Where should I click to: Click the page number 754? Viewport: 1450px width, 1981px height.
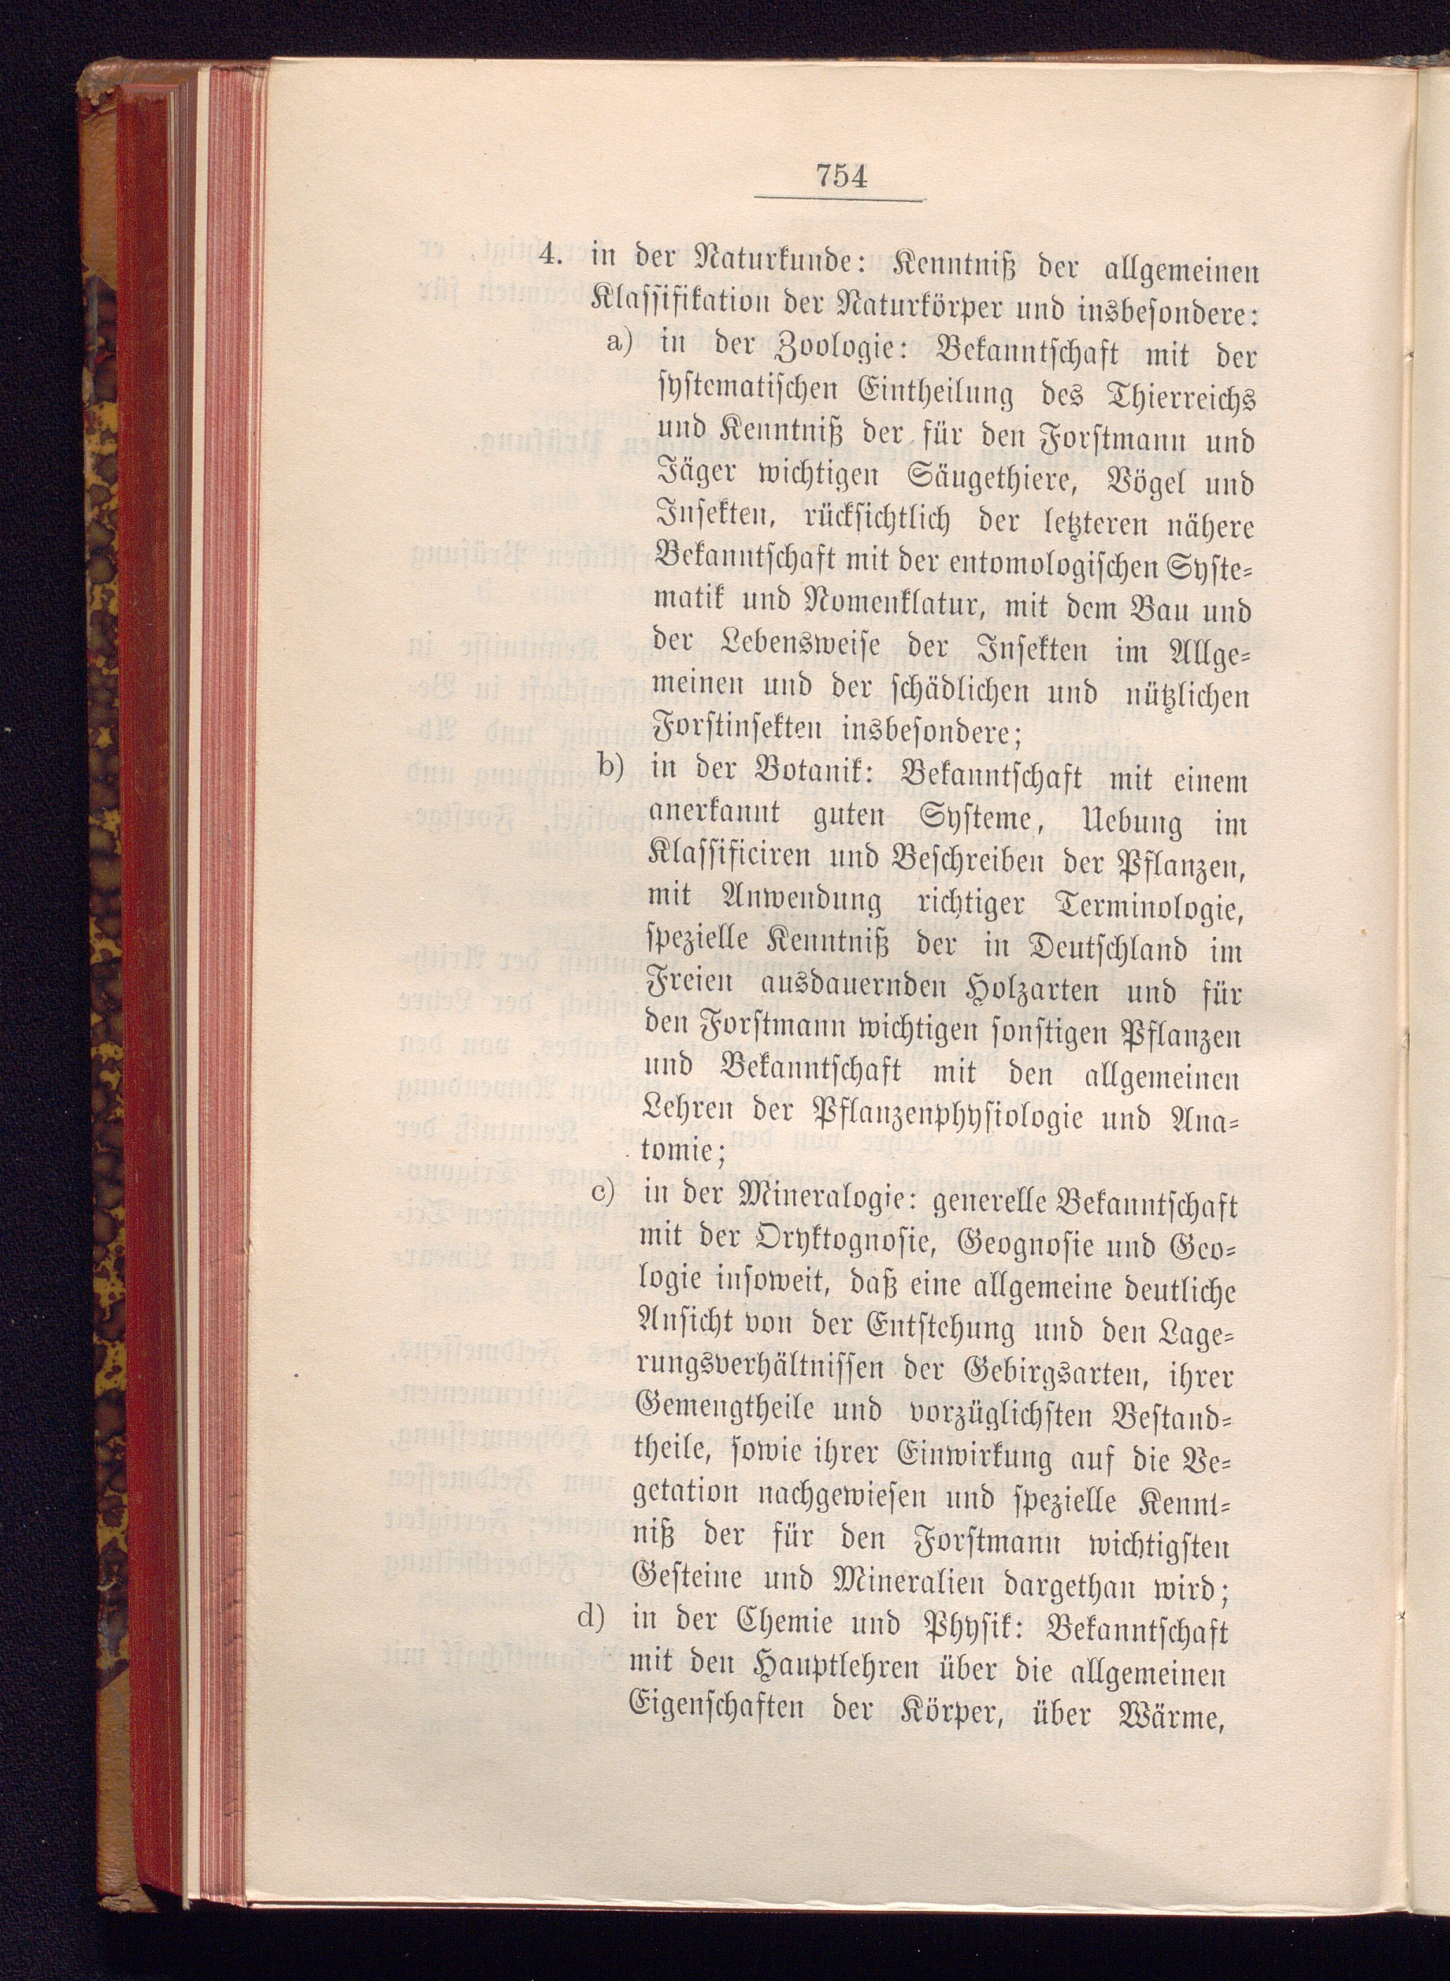tap(841, 177)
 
